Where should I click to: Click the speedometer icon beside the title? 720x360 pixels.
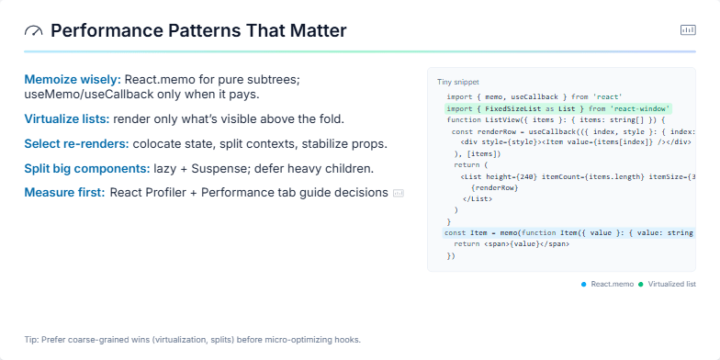(33, 31)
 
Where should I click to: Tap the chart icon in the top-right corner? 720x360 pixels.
(688, 30)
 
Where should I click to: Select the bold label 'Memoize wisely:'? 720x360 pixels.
(73, 80)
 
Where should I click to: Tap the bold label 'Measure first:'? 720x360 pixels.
(64, 193)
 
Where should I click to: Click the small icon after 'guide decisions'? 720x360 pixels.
(399, 193)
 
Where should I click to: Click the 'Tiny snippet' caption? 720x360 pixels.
(457, 83)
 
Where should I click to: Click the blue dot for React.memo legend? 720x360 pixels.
(583, 285)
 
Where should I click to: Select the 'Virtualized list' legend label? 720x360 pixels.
(671, 285)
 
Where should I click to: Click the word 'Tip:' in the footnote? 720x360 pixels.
(32, 340)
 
